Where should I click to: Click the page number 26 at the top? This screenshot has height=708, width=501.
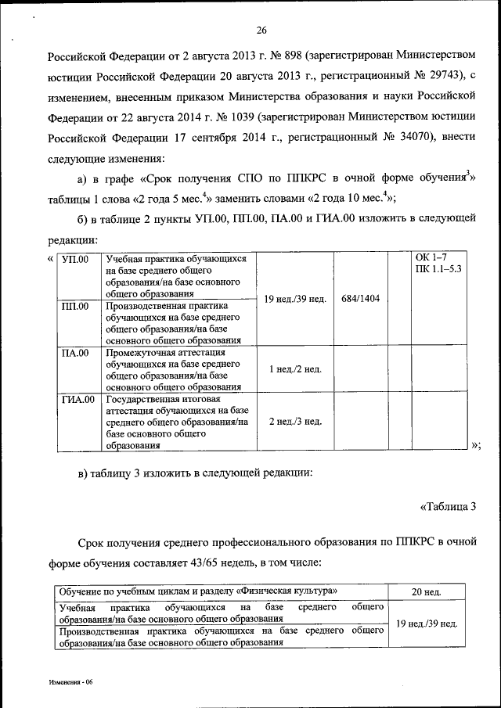[x=261, y=31]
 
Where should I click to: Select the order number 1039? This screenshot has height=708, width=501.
[x=241, y=117]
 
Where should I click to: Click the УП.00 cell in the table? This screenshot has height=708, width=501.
[x=75, y=259]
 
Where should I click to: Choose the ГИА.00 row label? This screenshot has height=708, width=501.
[x=77, y=399]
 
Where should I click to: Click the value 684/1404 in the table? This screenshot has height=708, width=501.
[x=361, y=299]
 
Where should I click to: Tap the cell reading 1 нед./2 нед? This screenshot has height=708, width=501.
[x=295, y=369]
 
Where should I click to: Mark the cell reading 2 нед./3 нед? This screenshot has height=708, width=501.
[x=295, y=422]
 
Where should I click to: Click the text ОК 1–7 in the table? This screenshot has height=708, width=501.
[x=431, y=259]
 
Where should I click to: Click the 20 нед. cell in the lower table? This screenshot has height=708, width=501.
[x=427, y=591]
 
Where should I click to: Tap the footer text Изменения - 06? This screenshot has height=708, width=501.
[x=70, y=682]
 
